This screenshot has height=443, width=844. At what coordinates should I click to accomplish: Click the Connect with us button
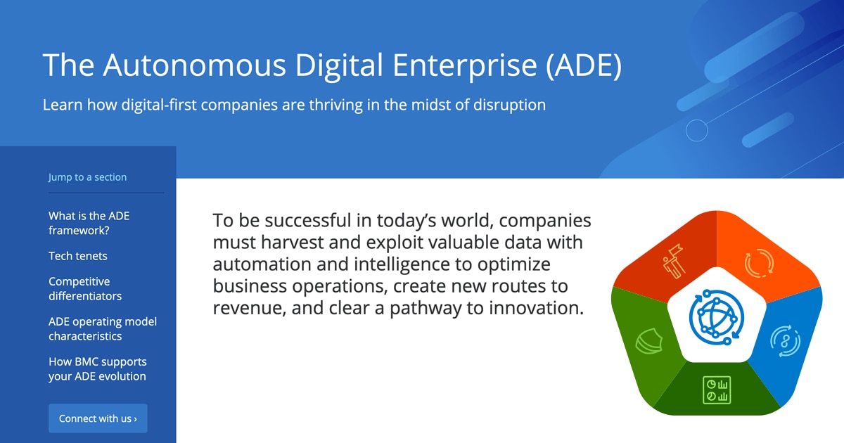point(98,418)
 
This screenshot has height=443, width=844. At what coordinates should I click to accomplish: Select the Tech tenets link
point(78,256)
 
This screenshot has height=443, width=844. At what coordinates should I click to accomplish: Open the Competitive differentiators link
point(85,288)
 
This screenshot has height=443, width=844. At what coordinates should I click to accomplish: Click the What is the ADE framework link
point(89,223)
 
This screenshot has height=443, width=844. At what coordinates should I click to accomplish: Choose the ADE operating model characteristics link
point(103,328)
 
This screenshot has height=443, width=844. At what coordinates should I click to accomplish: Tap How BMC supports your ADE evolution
point(98,368)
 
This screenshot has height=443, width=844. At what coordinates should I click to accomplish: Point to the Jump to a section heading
point(87,176)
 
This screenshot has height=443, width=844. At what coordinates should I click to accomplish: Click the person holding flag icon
point(673,262)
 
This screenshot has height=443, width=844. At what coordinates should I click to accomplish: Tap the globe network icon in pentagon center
point(717,317)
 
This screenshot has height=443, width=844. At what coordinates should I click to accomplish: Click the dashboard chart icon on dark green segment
point(717,390)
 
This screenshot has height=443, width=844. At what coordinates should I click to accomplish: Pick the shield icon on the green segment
point(648,341)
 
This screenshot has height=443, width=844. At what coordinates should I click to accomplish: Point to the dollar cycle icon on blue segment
point(785,341)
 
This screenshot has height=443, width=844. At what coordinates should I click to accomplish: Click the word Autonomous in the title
point(194,65)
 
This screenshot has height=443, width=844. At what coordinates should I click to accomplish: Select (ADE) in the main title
point(583,65)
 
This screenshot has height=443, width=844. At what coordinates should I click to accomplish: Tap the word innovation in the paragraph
point(537,308)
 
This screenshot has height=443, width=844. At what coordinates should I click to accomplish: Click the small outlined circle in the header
point(697,130)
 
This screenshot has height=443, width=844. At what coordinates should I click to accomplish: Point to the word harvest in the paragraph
point(293,242)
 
